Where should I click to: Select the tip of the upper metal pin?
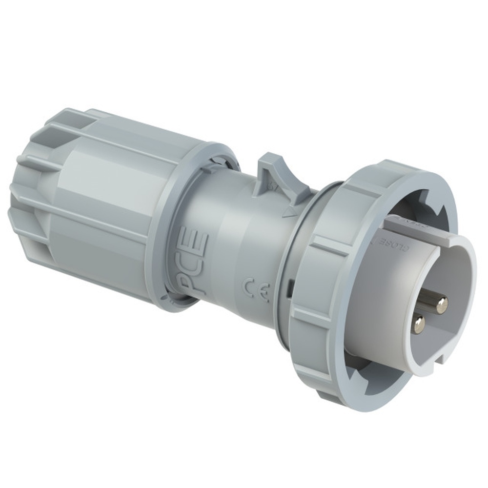coord(442,306)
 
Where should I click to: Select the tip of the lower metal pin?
coord(419,326)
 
